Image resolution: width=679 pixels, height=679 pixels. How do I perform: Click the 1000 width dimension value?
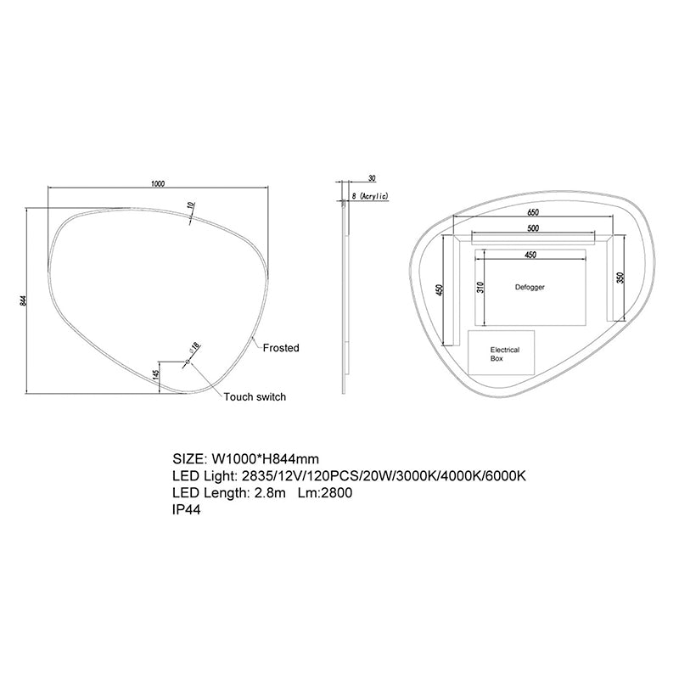(x=157, y=182)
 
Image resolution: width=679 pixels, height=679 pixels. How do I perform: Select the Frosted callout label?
(x=281, y=348)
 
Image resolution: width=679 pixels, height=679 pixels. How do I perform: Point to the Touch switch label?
(x=255, y=397)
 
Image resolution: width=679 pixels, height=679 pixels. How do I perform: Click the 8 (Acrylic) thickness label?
(x=369, y=197)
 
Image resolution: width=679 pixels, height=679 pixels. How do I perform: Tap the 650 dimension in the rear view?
(x=533, y=211)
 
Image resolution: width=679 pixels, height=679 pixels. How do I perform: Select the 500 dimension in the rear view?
(x=532, y=228)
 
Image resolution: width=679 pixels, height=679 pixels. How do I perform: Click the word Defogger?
(x=530, y=288)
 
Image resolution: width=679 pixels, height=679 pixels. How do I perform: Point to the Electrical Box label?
(x=504, y=354)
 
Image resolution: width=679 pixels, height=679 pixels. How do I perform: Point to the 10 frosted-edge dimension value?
(x=193, y=205)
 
